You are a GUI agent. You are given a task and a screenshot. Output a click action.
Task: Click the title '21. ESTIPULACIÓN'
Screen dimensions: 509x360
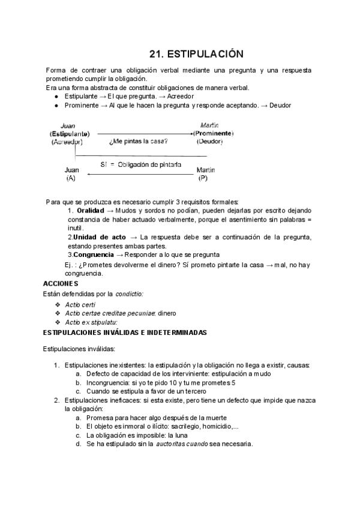tap(196, 53)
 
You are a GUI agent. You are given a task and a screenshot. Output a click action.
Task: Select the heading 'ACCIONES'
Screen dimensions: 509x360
tap(61, 283)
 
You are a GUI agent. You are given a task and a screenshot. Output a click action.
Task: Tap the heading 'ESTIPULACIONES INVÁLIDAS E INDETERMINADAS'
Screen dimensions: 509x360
tap(125, 332)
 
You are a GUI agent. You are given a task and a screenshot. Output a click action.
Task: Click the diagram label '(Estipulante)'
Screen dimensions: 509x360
tap(70, 133)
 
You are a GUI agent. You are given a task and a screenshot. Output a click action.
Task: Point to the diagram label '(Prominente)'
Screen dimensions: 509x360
tap(213, 133)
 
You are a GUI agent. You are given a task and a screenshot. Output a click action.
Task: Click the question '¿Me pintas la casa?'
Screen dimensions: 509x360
tap(138, 142)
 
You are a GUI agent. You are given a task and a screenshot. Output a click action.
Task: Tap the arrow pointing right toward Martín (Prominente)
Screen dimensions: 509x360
tap(144, 133)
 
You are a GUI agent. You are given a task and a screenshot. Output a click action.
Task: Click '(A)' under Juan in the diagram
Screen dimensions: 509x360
tap(71, 178)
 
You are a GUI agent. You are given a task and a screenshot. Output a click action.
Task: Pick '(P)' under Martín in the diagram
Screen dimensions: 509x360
tap(203, 178)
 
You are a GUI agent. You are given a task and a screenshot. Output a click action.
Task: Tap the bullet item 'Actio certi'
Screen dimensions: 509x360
tap(80, 304)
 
